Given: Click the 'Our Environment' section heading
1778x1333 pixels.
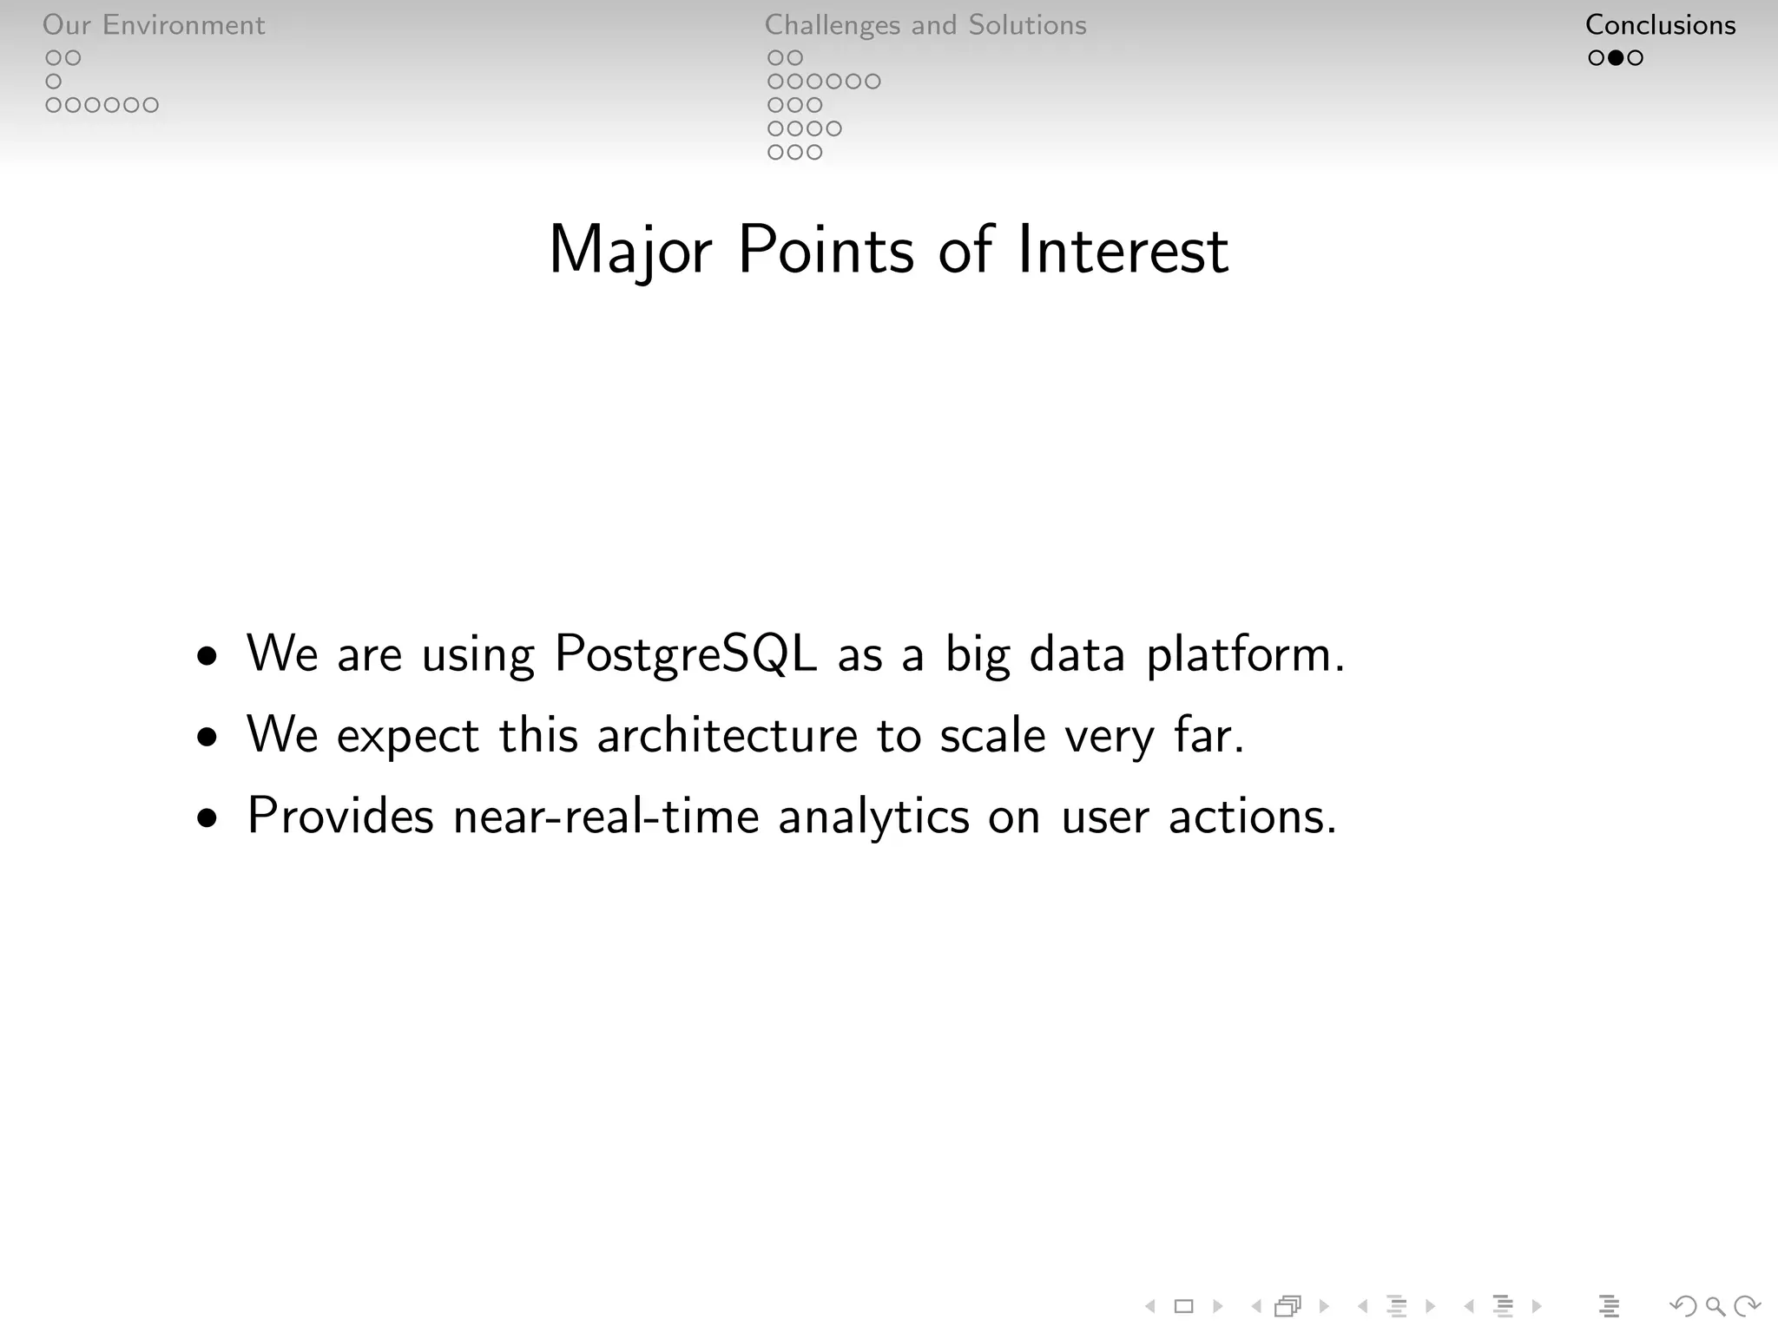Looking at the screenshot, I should (154, 25).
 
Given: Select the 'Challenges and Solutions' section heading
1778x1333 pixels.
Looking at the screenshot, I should (925, 25).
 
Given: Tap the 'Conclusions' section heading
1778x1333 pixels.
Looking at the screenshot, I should (1660, 25).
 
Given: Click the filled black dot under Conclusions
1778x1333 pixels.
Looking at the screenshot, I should (1616, 58).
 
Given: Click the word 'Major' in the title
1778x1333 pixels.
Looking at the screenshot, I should (630, 252).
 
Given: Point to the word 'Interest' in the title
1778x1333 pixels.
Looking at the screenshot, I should (1123, 250).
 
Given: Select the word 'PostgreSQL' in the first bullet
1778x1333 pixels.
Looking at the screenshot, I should (685, 653).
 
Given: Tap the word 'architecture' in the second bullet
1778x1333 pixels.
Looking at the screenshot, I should (728, 735).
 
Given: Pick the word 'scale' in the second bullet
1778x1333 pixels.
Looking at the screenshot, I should (992, 735).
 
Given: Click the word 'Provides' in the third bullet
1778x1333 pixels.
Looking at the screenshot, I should (340, 816).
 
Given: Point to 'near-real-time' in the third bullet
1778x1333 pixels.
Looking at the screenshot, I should (606, 816).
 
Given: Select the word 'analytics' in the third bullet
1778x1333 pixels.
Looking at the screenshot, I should (873, 818).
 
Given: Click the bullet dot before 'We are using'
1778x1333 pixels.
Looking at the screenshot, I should (207, 656).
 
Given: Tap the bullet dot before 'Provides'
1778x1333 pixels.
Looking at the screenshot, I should (207, 818).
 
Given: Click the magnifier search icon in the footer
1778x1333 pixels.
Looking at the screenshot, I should (1715, 1306).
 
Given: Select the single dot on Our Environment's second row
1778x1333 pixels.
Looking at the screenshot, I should (54, 82).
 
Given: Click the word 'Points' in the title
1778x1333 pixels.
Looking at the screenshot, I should (826, 250).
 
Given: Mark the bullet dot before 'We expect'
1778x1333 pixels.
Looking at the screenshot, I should (207, 738).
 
